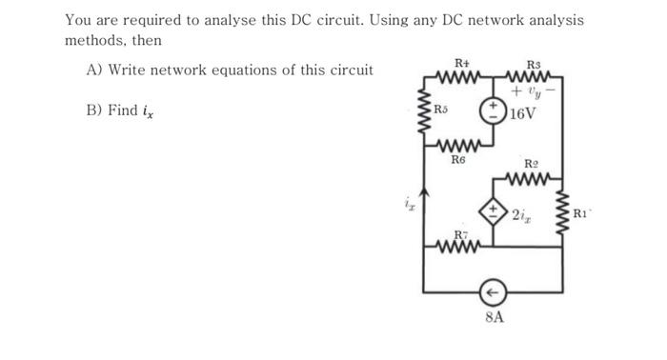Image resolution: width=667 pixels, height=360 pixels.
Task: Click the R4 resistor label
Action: (462, 62)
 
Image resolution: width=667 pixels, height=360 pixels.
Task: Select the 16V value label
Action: (523, 114)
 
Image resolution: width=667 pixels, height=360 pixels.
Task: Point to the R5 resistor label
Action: (440, 110)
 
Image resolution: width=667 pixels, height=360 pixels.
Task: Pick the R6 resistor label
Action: (458, 160)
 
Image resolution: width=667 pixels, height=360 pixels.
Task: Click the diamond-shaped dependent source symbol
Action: (494, 211)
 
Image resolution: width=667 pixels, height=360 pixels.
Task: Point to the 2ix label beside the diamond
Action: (521, 215)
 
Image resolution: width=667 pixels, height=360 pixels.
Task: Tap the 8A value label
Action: (494, 316)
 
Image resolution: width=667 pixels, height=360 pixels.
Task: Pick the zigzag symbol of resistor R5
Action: (424, 105)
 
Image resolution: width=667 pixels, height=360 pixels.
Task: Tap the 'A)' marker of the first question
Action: (94, 70)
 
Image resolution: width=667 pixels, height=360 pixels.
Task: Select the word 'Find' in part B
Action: (127, 110)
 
